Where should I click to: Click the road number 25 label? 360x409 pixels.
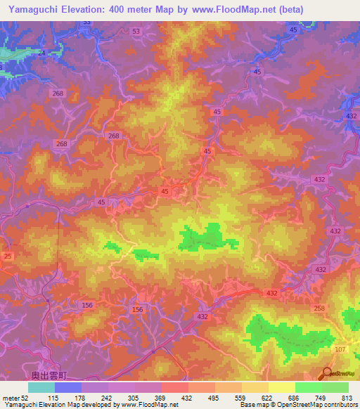tap(8, 256)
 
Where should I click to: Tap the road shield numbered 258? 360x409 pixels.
tap(319, 308)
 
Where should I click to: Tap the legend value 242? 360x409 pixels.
tap(108, 398)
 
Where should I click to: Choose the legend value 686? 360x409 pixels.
tap(295, 398)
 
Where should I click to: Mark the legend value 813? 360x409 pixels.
tap(348, 398)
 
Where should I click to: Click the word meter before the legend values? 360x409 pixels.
tap(11, 398)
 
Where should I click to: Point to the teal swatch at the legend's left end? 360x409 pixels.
tap(41, 387)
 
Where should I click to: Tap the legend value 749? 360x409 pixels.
tap(321, 398)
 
